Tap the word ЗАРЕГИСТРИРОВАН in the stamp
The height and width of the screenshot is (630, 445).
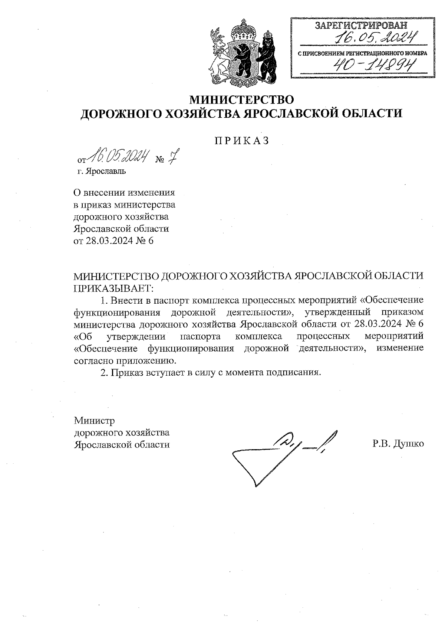(x=361, y=26)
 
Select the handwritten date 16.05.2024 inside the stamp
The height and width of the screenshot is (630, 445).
(x=375, y=37)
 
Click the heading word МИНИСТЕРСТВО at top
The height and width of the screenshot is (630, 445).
(x=241, y=99)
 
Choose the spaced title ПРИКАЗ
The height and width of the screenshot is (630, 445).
(x=241, y=141)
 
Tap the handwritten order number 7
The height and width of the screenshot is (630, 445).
(x=172, y=157)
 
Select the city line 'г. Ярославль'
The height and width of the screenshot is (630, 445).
(x=102, y=172)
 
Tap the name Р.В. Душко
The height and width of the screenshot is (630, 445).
(x=398, y=444)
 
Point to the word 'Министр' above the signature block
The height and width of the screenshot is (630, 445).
(x=95, y=421)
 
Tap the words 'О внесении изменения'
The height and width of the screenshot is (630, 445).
(x=124, y=193)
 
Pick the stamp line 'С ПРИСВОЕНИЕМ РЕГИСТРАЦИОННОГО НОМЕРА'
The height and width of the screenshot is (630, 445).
(x=363, y=53)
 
